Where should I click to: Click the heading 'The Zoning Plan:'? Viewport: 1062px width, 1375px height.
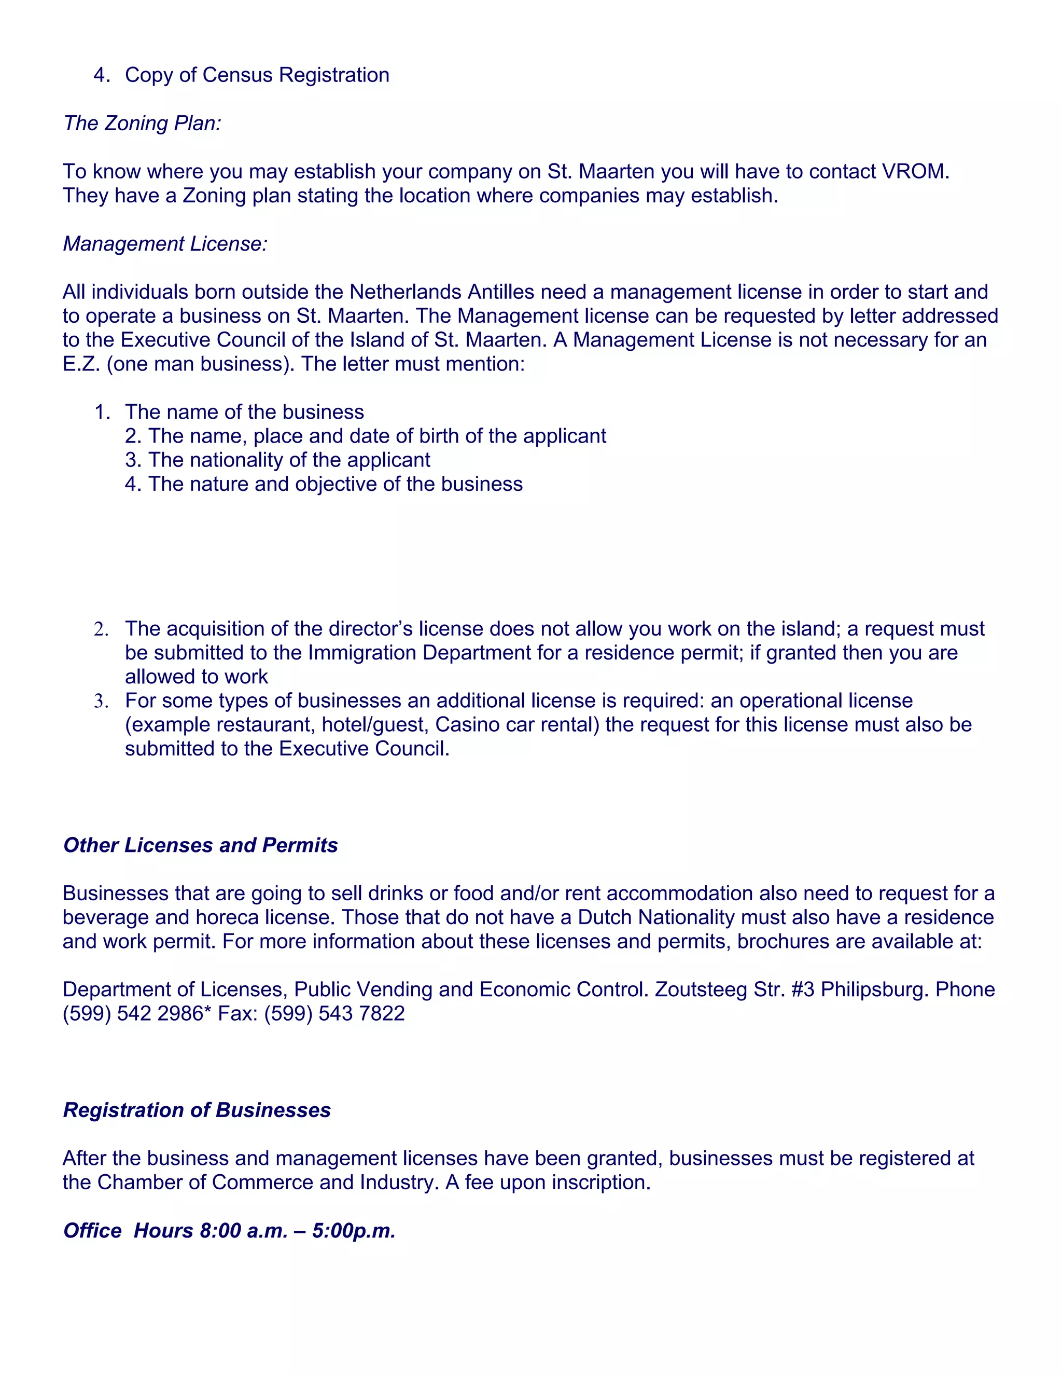tap(142, 123)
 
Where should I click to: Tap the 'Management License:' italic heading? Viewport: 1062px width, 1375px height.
tap(165, 244)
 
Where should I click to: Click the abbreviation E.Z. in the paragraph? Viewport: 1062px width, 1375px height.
tap(82, 364)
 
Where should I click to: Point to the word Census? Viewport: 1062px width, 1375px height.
tap(238, 75)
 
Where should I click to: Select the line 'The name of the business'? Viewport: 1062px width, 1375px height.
tap(244, 412)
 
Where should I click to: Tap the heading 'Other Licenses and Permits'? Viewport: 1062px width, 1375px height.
tap(200, 845)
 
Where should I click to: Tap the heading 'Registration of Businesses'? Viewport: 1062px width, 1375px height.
tap(197, 1110)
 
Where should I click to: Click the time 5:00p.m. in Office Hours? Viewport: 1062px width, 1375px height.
tap(354, 1230)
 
